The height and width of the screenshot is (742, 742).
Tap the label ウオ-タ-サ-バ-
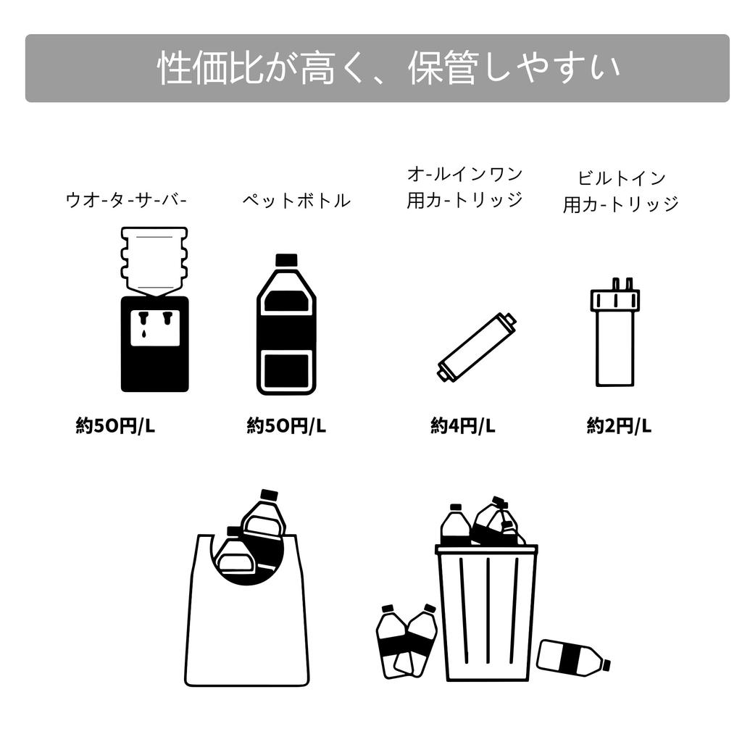[x=126, y=200]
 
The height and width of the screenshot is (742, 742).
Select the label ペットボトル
[x=296, y=201]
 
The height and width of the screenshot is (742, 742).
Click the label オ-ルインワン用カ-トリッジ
[x=464, y=187]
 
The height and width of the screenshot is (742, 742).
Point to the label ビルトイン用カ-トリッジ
[x=621, y=191]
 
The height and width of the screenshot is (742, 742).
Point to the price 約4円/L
[x=462, y=426]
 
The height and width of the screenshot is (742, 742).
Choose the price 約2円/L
[x=619, y=426]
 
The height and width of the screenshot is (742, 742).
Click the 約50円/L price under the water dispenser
[x=115, y=426]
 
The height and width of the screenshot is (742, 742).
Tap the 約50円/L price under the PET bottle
[x=286, y=426]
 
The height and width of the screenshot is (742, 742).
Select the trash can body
[x=486, y=616]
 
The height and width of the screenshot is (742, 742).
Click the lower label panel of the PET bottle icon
[x=286, y=370]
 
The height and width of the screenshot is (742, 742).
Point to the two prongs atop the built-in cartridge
[x=622, y=283]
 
